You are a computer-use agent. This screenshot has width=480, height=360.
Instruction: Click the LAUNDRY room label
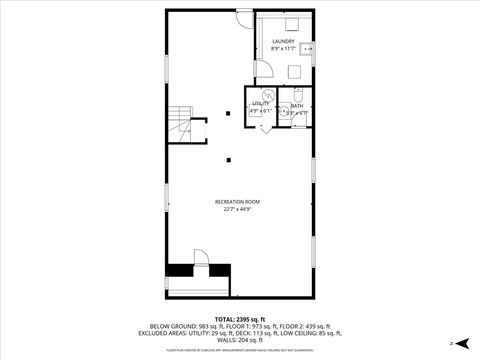pos(283,41)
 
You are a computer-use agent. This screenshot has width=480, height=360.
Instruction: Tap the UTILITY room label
pos(260,103)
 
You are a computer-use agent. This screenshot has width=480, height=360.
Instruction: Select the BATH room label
pos(297,106)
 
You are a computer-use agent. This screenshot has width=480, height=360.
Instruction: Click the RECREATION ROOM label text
pos(237,202)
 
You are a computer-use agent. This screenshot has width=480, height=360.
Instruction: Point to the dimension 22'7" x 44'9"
pos(237,210)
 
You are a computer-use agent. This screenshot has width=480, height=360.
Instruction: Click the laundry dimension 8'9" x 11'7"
pos(283,48)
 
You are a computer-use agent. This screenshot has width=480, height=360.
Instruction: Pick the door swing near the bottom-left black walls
pos(201,257)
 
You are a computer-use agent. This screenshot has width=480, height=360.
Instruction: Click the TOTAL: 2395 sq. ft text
pos(239,319)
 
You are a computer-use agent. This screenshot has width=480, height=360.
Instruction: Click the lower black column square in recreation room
pos(229,158)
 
